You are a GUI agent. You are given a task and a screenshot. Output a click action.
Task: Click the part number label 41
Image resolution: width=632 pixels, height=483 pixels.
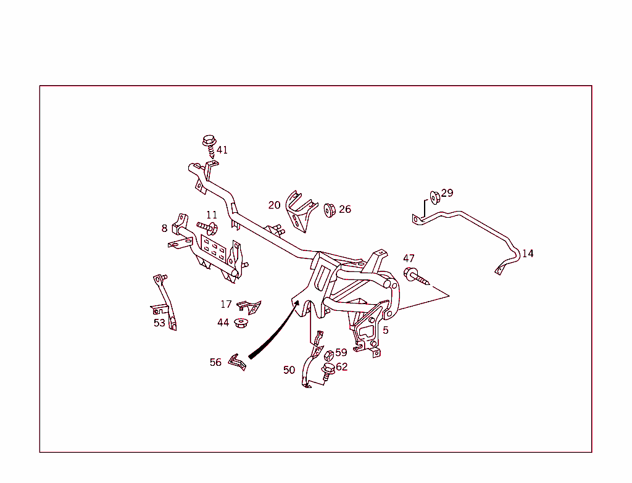click(222, 151)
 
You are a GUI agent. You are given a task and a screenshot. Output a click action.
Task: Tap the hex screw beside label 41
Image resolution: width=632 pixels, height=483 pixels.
click(209, 146)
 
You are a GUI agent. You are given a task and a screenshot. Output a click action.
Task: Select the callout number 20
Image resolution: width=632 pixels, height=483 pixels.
click(274, 205)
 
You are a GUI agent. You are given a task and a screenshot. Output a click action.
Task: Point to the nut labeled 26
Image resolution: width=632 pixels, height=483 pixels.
click(330, 210)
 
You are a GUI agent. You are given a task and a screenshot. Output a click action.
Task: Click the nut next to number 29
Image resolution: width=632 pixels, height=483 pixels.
click(435, 197)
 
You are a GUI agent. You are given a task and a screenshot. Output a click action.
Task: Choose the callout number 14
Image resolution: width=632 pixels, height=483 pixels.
click(528, 254)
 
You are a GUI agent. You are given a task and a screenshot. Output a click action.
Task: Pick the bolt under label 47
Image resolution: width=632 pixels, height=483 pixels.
click(416, 276)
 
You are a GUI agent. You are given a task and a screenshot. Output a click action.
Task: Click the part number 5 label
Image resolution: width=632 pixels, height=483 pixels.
click(386, 330)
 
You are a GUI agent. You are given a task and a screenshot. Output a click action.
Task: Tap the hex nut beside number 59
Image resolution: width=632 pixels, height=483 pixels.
click(329, 356)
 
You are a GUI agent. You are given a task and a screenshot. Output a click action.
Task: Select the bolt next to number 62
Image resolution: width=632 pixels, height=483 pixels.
click(328, 371)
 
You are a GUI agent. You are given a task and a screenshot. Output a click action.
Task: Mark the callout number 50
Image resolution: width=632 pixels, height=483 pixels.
click(289, 369)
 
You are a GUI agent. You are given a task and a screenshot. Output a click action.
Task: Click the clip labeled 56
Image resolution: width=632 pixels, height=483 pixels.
click(238, 361)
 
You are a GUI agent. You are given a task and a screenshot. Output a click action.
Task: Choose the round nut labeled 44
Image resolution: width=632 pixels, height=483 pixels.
click(241, 323)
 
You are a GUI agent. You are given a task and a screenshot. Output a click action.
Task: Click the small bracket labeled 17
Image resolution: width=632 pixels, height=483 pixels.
click(249, 307)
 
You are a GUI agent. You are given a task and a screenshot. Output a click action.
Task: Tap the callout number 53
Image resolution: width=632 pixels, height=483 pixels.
click(159, 323)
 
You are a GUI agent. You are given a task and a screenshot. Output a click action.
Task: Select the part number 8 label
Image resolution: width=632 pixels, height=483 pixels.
click(164, 228)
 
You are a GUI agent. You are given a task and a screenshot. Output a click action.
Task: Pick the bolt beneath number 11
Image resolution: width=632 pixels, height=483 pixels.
click(207, 228)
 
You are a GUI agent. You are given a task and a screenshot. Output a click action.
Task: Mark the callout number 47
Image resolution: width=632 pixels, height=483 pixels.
click(409, 258)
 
